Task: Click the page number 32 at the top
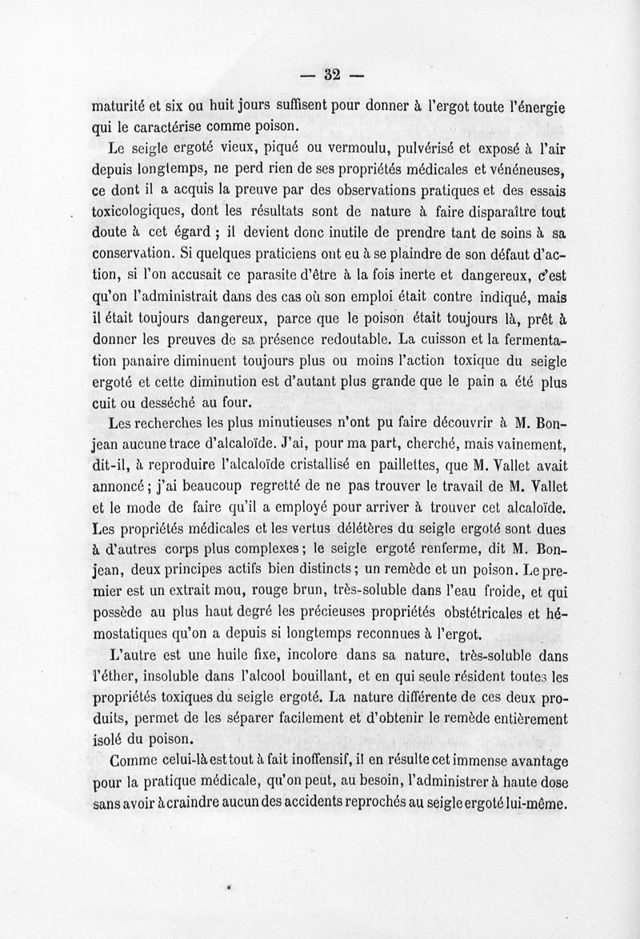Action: pyautogui.click(x=332, y=76)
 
